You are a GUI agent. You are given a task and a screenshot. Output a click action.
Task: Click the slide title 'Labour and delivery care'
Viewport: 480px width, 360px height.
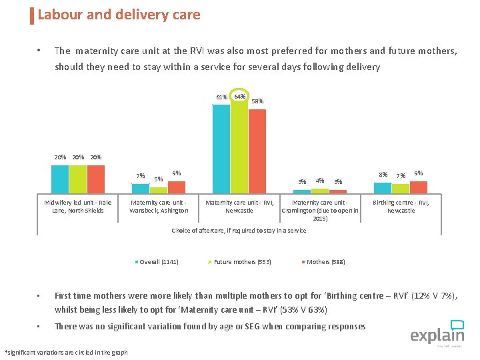point(119,15)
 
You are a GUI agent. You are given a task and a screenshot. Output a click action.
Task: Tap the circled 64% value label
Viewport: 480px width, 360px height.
point(240,97)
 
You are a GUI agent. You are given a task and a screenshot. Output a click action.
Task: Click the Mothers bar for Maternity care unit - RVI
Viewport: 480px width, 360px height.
point(257,151)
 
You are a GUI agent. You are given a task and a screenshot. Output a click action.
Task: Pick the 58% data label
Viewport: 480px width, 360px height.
point(257,101)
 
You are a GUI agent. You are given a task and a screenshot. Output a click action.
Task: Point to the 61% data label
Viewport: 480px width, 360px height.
point(221,97)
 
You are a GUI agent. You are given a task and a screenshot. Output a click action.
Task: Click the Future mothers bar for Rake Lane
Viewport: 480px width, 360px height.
point(78,179)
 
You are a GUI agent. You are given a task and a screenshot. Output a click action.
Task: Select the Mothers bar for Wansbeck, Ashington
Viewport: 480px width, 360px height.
point(176,187)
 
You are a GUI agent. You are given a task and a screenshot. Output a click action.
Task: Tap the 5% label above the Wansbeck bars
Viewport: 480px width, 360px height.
point(158,179)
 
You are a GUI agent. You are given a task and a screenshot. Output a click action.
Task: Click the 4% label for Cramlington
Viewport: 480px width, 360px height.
point(320,180)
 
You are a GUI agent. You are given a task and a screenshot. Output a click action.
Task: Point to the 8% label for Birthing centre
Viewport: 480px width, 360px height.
point(383,175)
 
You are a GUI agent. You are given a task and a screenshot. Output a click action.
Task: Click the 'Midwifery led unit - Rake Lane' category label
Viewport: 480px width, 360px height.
point(78,206)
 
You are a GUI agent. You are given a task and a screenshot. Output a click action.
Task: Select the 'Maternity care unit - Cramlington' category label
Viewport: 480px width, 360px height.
point(320,210)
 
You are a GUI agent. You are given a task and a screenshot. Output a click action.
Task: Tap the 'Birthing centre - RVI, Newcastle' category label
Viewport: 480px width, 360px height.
point(401,206)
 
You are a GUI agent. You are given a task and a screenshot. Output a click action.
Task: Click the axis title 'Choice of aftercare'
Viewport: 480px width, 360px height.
point(239,231)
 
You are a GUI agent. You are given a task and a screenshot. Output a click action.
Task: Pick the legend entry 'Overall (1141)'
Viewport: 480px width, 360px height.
point(158,261)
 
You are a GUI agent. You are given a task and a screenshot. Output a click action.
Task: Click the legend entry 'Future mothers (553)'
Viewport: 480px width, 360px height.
point(242,261)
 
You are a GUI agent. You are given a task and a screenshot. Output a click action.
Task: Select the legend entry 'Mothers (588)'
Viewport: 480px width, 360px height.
point(325,261)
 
